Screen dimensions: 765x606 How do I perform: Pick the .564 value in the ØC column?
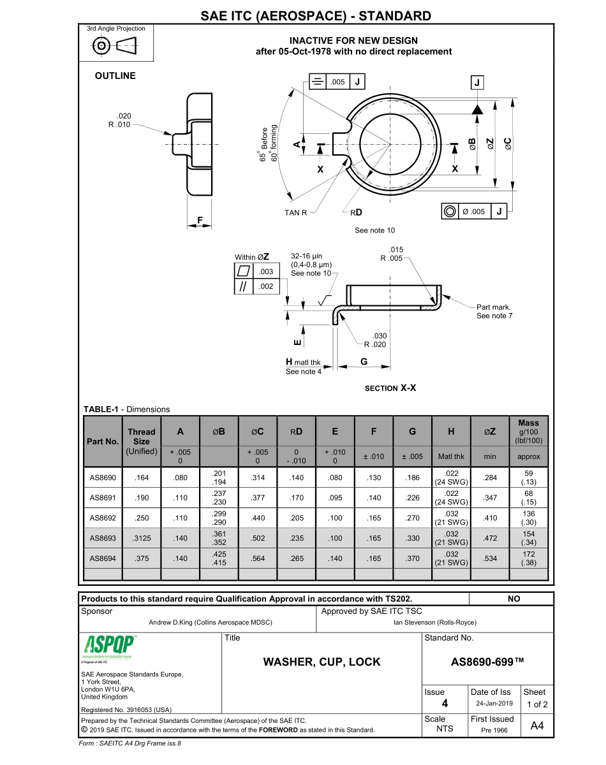point(258,558)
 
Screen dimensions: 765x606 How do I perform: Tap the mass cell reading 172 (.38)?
point(528,558)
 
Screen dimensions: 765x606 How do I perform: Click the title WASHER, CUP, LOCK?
point(321,662)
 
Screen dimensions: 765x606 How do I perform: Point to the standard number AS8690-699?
point(487,662)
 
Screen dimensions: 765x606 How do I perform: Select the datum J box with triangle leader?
point(477,83)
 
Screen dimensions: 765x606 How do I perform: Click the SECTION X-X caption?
point(390,388)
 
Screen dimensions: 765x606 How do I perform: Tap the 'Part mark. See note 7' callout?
point(494,311)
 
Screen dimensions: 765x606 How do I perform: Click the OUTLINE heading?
point(115,76)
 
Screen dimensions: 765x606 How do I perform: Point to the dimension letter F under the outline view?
point(200,221)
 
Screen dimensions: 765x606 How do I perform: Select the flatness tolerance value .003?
point(266,272)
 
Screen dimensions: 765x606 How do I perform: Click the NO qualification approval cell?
point(514,599)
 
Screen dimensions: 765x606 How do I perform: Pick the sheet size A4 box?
point(537,725)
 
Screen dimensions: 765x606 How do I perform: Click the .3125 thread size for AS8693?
point(141,539)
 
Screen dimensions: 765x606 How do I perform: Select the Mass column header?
point(528,432)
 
